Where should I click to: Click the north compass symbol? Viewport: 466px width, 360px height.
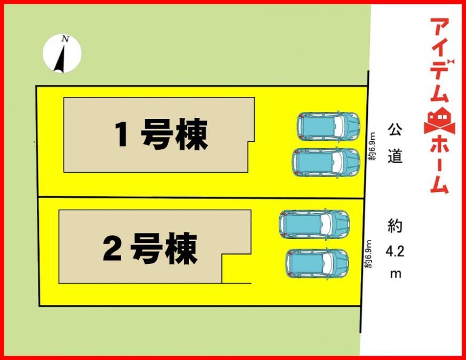[62, 54]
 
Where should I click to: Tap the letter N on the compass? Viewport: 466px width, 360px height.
[65, 39]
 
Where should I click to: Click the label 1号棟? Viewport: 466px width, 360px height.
[162, 135]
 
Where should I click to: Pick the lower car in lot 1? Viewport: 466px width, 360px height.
[326, 162]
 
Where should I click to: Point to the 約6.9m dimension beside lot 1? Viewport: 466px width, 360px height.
[373, 148]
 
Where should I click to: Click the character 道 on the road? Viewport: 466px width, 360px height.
[395, 157]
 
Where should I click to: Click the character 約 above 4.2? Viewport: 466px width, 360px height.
[395, 226]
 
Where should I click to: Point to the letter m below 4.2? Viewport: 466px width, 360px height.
[396, 274]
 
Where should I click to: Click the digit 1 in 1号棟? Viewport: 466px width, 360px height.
[122, 135]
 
